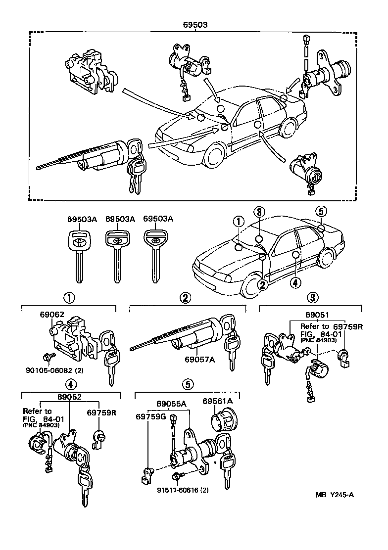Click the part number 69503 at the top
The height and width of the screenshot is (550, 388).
pyautogui.click(x=195, y=24)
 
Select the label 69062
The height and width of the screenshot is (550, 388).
pyautogui.click(x=50, y=314)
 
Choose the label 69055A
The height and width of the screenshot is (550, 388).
pyautogui.click(x=172, y=404)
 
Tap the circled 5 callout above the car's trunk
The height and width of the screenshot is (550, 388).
pyautogui.click(x=321, y=212)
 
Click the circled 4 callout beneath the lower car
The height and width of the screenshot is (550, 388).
pyautogui.click(x=295, y=283)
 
